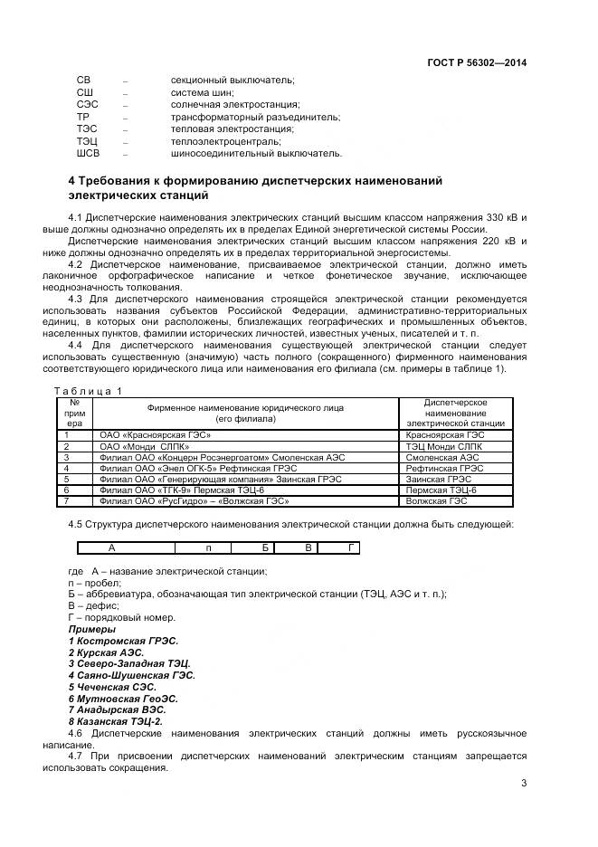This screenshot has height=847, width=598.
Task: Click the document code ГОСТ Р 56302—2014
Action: (x=476, y=62)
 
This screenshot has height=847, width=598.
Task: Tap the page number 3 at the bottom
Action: (x=523, y=784)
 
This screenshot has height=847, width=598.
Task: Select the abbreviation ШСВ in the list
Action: (x=88, y=153)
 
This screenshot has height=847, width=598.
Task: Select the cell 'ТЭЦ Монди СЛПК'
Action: (x=444, y=446)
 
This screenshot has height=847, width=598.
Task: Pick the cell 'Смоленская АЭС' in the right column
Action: (x=443, y=457)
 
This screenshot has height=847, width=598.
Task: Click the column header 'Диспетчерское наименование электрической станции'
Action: (x=455, y=413)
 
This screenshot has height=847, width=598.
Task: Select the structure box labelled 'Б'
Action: (x=265, y=547)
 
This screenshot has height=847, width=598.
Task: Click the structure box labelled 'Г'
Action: (x=350, y=547)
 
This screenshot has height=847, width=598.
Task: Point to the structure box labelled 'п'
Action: (x=209, y=547)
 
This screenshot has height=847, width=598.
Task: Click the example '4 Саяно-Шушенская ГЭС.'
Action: (x=131, y=675)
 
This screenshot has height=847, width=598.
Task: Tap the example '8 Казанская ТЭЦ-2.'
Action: (x=115, y=721)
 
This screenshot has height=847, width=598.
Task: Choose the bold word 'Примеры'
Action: (x=92, y=629)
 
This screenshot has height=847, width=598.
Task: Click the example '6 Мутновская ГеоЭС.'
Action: (x=123, y=699)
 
